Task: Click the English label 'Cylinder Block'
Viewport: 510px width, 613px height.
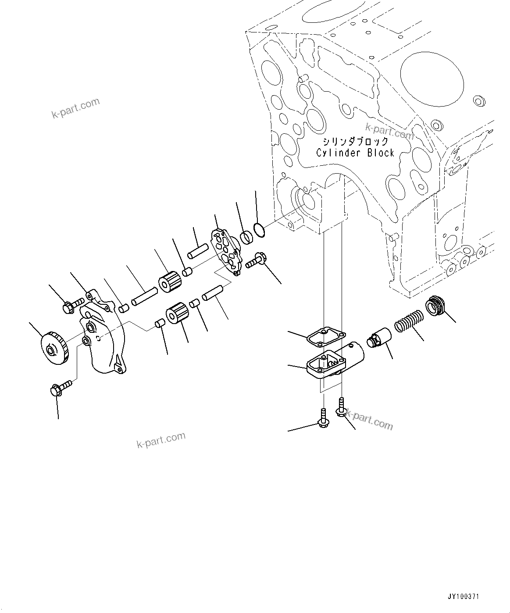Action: coord(355,153)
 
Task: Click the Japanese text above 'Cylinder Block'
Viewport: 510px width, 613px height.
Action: coord(355,141)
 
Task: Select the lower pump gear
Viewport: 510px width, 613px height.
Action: coord(177,314)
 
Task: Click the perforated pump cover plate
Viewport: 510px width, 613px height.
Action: coord(227,252)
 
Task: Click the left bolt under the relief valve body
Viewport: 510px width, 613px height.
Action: coord(323,418)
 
